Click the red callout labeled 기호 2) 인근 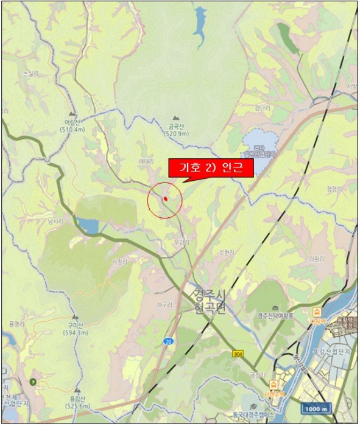(x=210, y=167)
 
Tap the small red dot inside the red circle (x=165, y=198)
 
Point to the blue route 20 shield (x=168, y=343)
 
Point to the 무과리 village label (x=182, y=242)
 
